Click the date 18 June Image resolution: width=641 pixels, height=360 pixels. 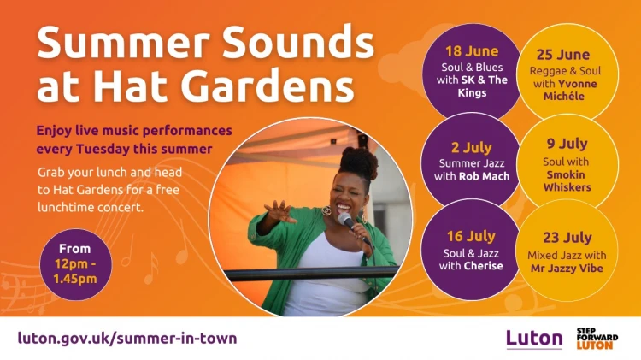472,51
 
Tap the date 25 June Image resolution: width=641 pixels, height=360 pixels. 563,55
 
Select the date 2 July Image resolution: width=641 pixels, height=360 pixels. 471,147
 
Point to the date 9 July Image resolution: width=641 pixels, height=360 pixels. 567,144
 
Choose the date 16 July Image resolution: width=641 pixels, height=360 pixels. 471,236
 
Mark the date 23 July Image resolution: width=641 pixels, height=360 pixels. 567,237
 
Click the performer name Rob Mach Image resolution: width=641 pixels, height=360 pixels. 485,176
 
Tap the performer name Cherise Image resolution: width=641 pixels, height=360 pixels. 483,265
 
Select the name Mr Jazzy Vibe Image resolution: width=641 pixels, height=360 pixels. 567,269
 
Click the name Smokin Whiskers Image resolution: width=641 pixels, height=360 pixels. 567,180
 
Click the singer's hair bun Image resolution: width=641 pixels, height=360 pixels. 358,162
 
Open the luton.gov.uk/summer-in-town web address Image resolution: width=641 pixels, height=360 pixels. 127,339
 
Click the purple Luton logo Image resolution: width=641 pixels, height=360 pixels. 534,339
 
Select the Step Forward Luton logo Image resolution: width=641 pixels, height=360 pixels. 597,339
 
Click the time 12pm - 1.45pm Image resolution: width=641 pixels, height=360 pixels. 75,271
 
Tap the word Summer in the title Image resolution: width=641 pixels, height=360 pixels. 123,43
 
